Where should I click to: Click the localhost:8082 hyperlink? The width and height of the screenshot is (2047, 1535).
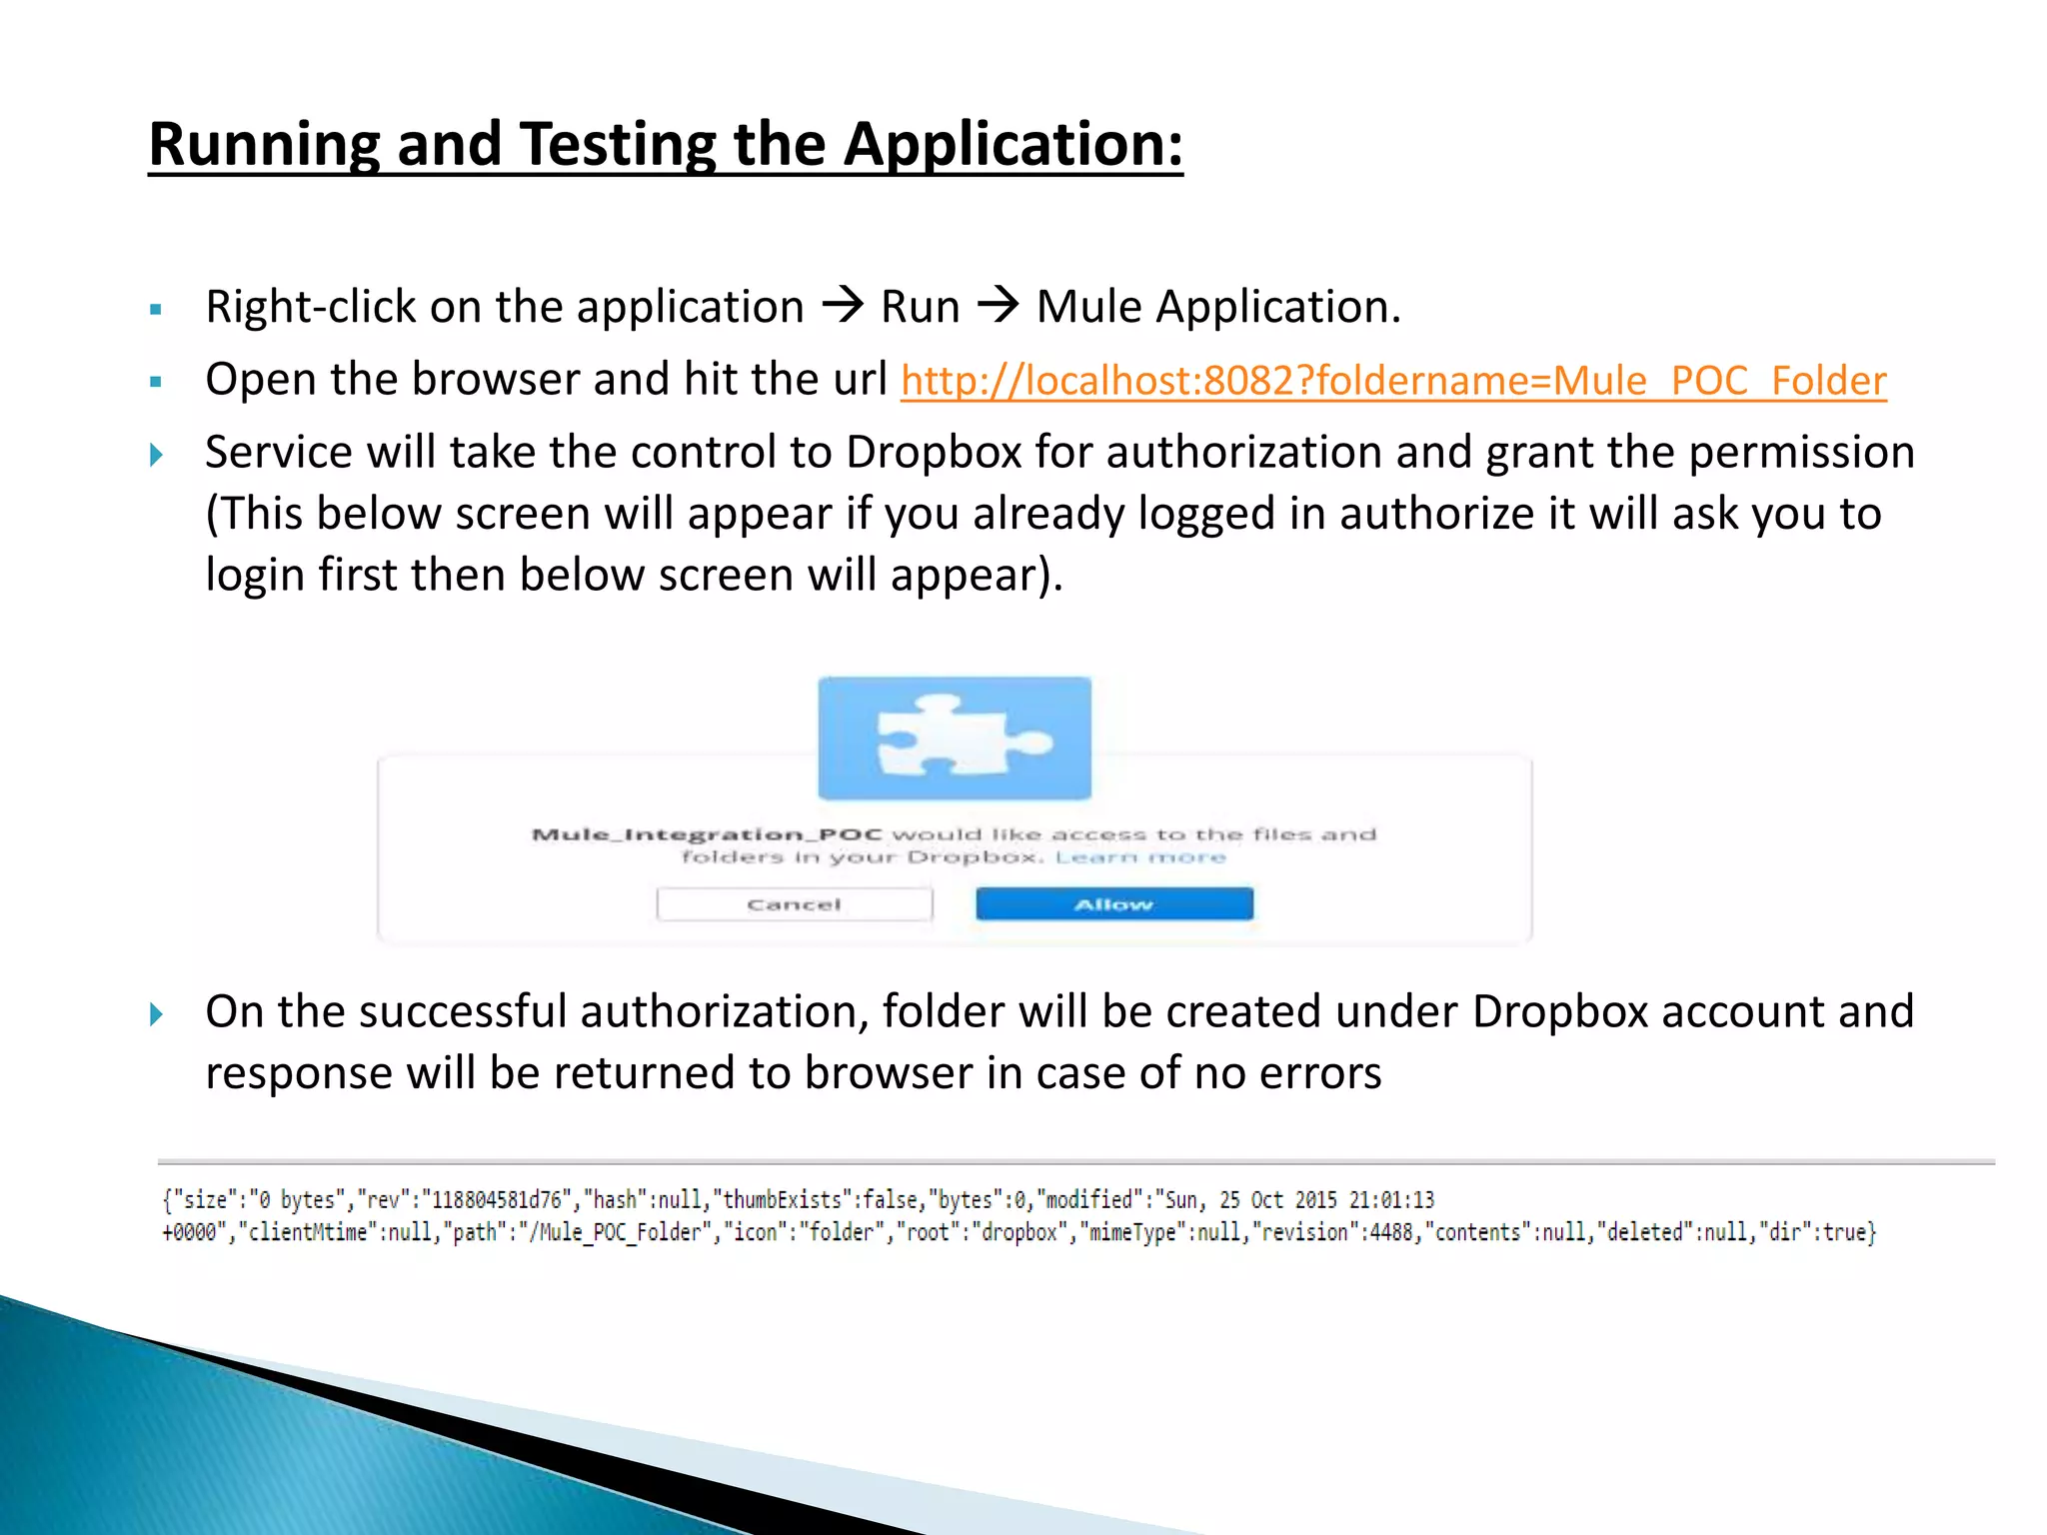(x=1393, y=381)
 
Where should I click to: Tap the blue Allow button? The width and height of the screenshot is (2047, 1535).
(x=1113, y=904)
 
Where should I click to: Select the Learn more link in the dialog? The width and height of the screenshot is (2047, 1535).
(x=1139, y=857)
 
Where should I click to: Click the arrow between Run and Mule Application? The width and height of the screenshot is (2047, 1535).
(x=998, y=304)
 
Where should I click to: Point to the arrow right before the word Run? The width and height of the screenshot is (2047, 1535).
(x=842, y=304)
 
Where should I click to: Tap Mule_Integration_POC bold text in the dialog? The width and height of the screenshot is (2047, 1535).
(x=707, y=834)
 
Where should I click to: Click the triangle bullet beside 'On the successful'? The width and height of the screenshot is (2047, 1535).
(x=157, y=1015)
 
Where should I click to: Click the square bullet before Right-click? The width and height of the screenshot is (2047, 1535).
(x=156, y=310)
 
